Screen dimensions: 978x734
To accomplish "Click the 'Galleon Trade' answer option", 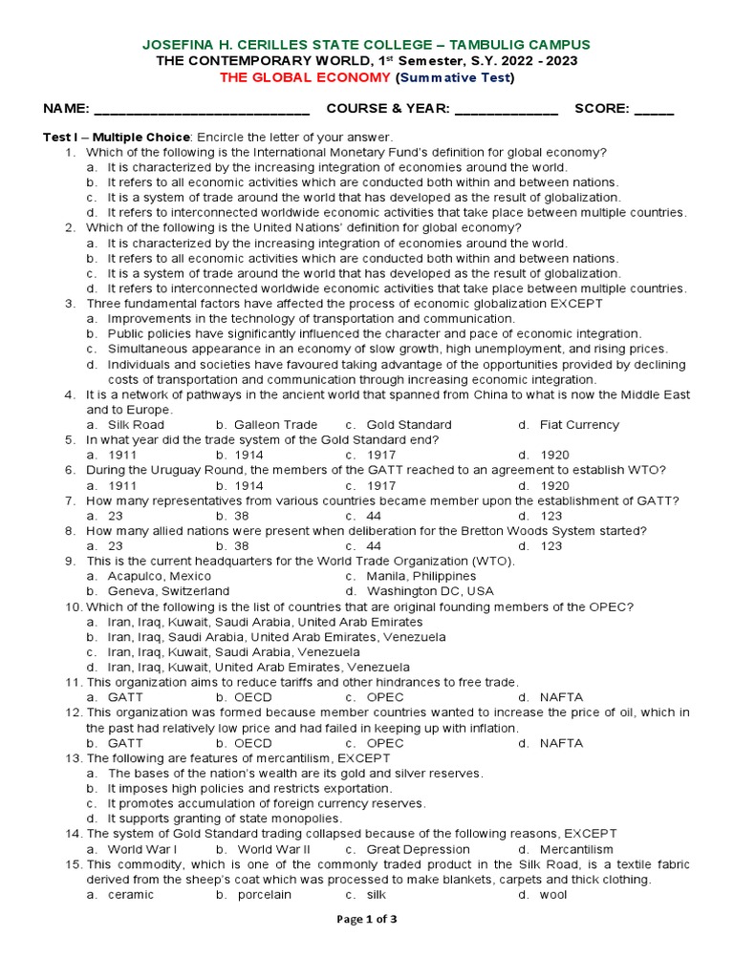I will (277, 425).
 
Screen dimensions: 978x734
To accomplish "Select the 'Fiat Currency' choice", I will (579, 425).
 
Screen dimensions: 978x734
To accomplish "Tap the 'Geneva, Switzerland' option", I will (168, 591).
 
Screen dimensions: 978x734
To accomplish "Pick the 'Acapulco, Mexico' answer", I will (160, 577).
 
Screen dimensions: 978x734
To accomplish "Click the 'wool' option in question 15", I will (553, 895).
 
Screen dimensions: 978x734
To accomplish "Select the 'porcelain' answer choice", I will (265, 895).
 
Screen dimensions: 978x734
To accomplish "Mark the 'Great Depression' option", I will (418, 849).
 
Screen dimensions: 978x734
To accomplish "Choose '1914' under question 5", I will (249, 456).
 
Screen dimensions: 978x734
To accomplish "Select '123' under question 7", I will (551, 516).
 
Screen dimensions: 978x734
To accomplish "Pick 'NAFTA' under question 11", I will (561, 697).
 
